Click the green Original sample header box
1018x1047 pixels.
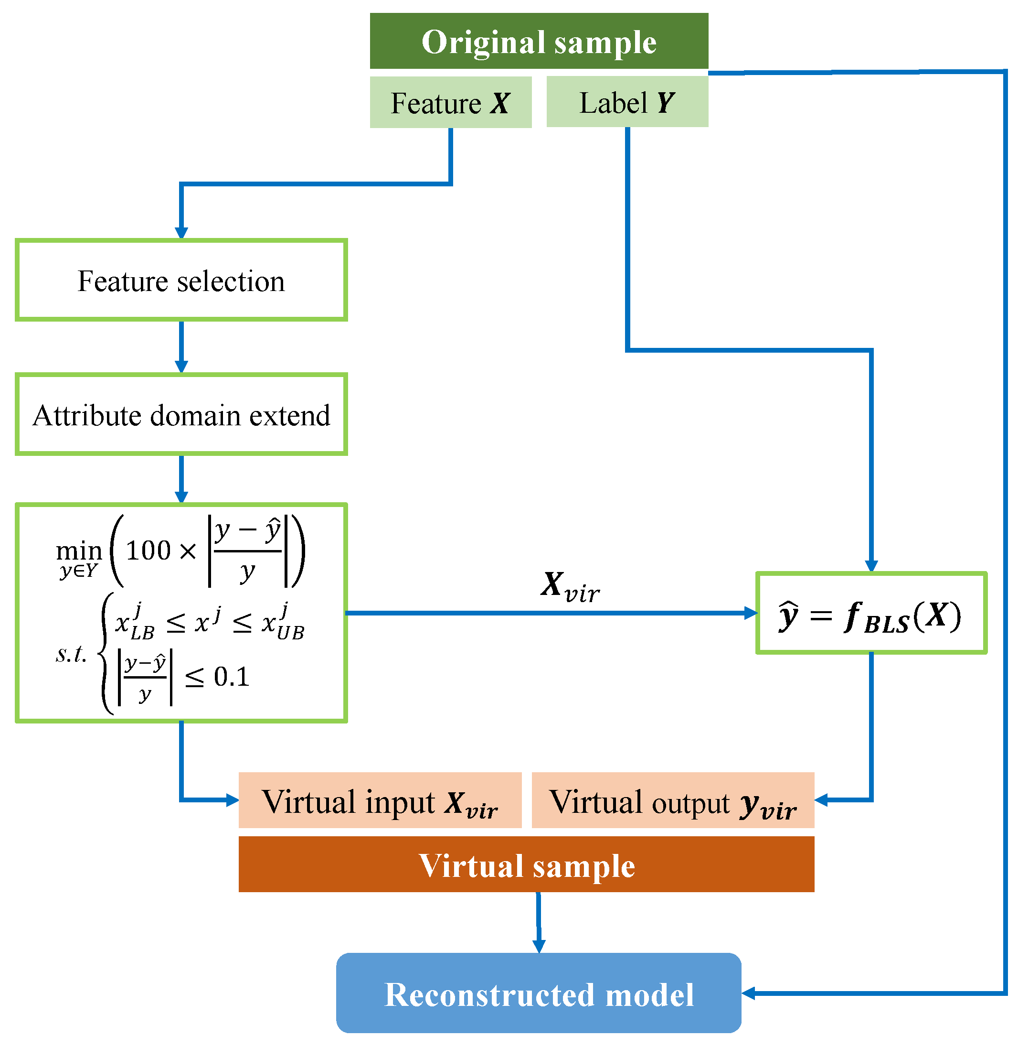click(x=539, y=41)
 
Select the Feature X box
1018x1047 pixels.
click(x=451, y=102)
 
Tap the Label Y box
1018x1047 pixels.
click(x=627, y=102)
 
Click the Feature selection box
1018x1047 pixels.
click(x=181, y=281)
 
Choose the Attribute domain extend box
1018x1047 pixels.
click(x=181, y=415)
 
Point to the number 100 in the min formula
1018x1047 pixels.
click(x=148, y=550)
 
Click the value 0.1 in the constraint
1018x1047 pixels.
click(x=232, y=677)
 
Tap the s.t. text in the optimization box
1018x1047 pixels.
click(x=71, y=653)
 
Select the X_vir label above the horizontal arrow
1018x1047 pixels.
click(x=570, y=587)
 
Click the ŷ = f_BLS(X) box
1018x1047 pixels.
click(x=871, y=614)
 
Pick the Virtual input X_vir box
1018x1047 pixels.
click(x=380, y=801)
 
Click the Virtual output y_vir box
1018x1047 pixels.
click(x=673, y=801)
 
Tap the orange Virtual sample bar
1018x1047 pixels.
click(x=526, y=865)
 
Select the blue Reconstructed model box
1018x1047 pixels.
click(x=539, y=994)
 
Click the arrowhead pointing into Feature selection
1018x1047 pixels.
click(x=181, y=233)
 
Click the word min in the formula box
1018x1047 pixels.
click(x=79, y=550)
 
